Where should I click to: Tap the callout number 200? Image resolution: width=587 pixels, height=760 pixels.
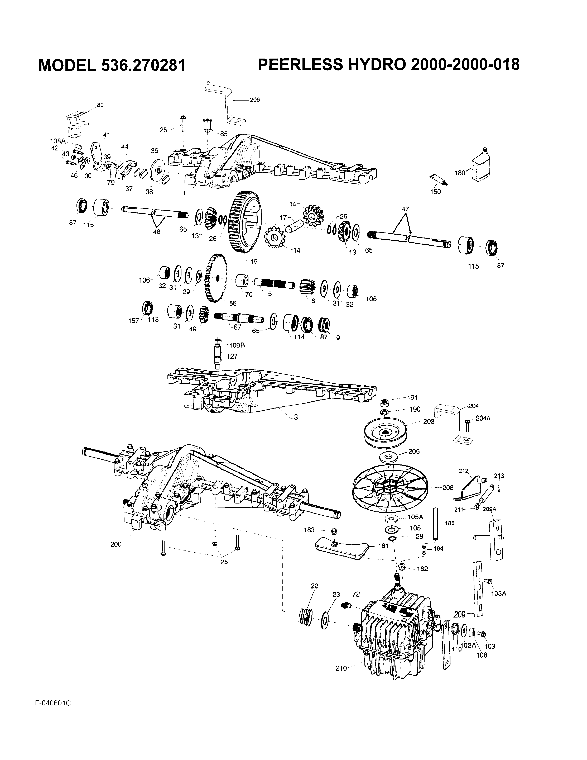[x=116, y=544]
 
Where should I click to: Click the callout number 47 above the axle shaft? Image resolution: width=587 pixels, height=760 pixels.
[x=405, y=209]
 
